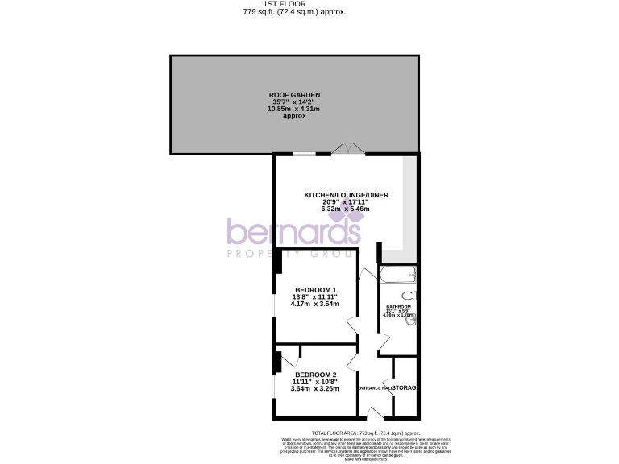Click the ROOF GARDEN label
tap(294, 95)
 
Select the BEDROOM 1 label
tap(315, 289)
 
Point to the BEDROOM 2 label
tap(315, 375)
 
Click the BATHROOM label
tap(397, 307)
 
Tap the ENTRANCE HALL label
tap(375, 388)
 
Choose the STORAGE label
tap(405, 388)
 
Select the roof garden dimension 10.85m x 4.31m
tap(294, 109)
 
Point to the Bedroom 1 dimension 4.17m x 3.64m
tap(315, 304)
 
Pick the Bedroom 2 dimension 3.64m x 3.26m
tap(315, 389)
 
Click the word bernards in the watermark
tap(293, 232)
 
